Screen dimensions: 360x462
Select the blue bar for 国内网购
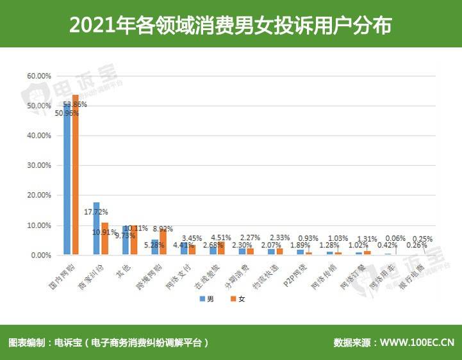pos(67,179)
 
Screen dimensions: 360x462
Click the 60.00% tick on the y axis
pos(38,76)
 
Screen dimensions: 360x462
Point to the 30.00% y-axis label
pos(38,165)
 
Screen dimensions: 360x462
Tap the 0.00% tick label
pos(40,255)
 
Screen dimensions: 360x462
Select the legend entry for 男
pos(207,299)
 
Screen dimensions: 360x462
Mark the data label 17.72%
pos(96,211)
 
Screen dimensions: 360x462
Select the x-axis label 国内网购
pos(62,274)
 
